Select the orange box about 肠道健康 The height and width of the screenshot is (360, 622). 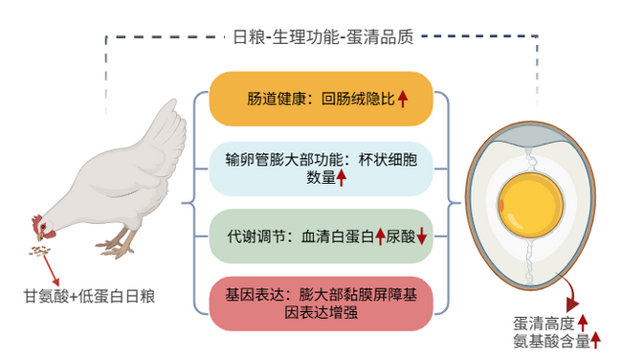click(320, 99)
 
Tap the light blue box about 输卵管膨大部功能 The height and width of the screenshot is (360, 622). click(320, 168)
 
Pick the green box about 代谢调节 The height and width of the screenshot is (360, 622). click(320, 236)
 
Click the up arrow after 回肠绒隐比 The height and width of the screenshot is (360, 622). click(403, 99)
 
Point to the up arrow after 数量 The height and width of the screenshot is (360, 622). click(341, 177)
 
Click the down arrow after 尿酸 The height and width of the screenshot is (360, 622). click(420, 236)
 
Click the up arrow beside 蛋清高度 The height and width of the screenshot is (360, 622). click(582, 323)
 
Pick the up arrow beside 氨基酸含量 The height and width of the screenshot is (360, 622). click(595, 340)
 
